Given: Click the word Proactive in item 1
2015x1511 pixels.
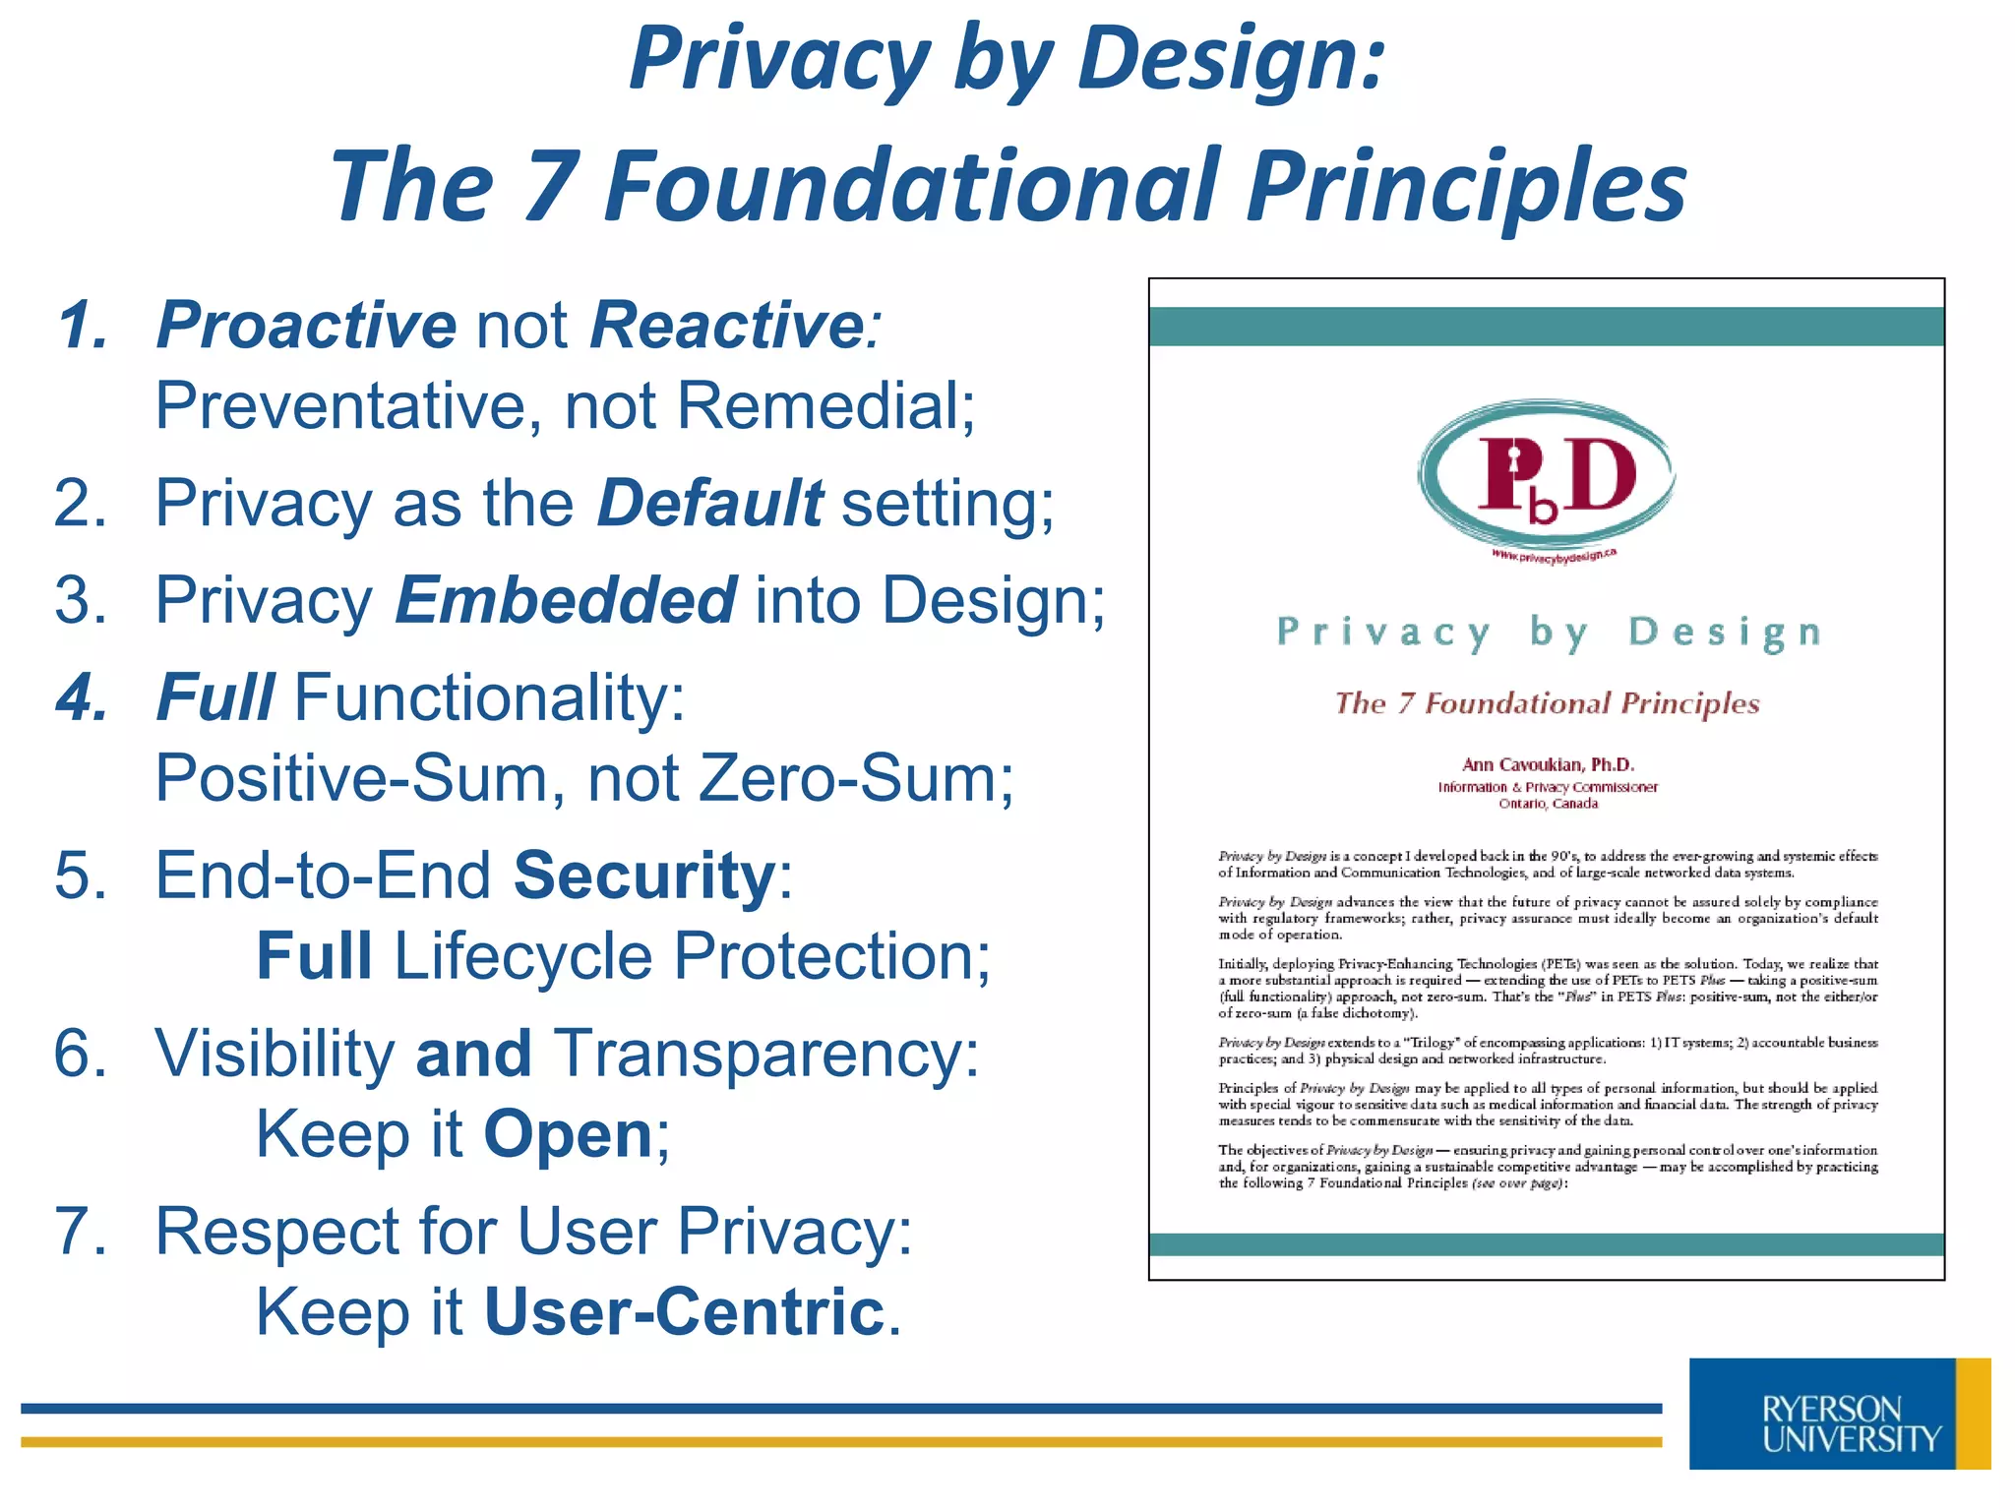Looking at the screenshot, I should [x=306, y=325].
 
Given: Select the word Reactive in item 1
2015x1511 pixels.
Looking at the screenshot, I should [x=726, y=325].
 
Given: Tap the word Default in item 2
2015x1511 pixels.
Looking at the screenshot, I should [x=709, y=503].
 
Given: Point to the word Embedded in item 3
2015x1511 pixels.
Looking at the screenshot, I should [x=565, y=600].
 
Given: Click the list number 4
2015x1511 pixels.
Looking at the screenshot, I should [x=82, y=697].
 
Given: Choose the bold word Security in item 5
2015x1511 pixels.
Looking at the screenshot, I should [x=645, y=875].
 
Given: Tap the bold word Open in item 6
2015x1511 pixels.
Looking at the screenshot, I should [x=568, y=1134].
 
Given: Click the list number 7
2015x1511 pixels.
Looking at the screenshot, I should [x=79, y=1232].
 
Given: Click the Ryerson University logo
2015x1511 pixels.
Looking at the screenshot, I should [x=1838, y=1415].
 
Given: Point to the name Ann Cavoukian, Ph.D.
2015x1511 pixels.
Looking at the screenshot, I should [x=1548, y=764].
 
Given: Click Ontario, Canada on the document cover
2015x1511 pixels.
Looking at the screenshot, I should [x=1548, y=804].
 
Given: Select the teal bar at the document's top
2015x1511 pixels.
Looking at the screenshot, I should [x=1546, y=327].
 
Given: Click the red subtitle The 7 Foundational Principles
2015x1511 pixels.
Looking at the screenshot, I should [x=1547, y=703].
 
